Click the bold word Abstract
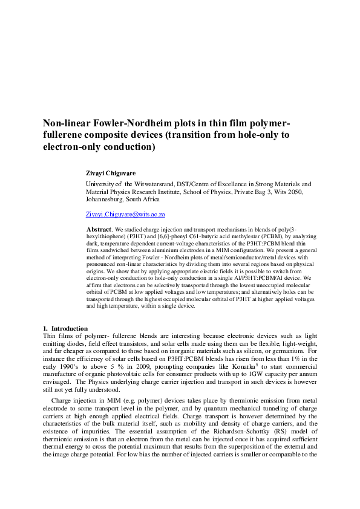tap(99, 230)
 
